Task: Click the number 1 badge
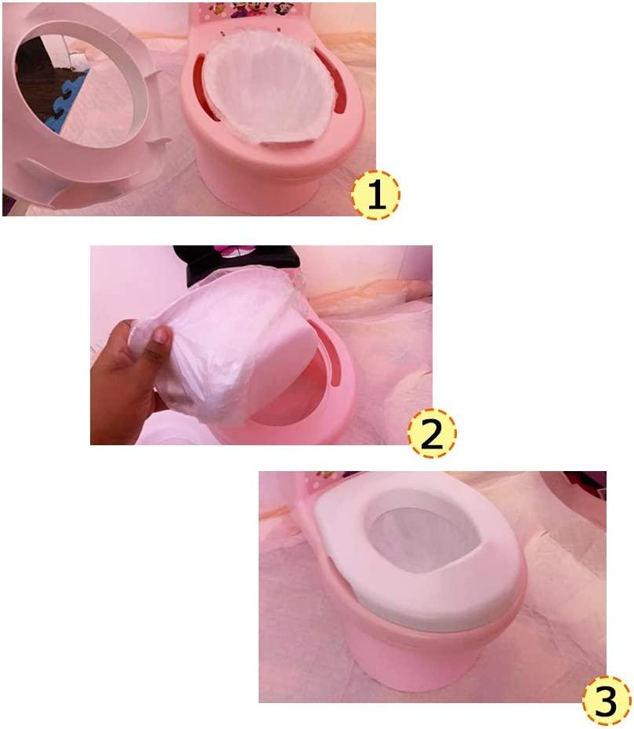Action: [375, 194]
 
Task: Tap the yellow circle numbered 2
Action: [432, 433]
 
